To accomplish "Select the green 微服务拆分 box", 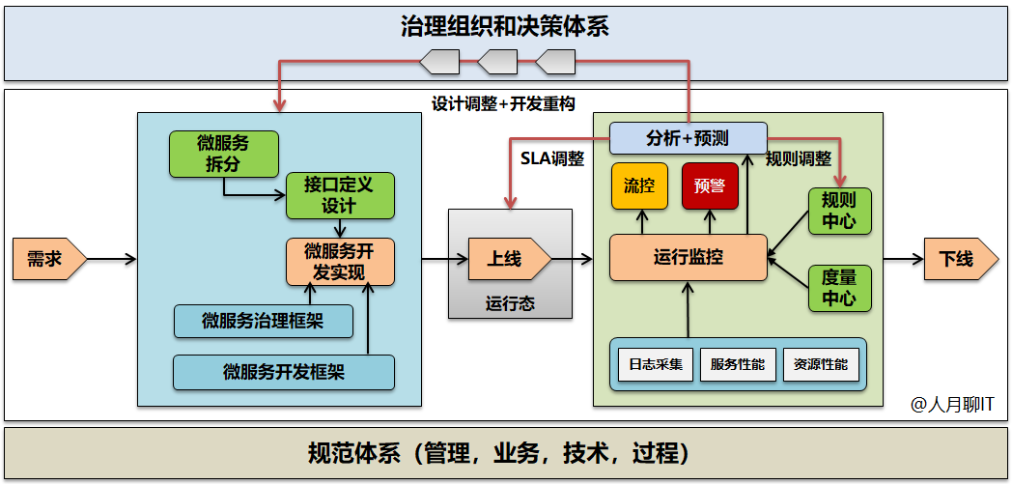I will pyautogui.click(x=223, y=155).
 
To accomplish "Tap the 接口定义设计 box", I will pyautogui.click(x=340, y=194).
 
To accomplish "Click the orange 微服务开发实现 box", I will pyautogui.click(x=340, y=262).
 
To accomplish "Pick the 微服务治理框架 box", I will pyautogui.click(x=263, y=322).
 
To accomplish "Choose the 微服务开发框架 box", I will pyautogui.click(x=284, y=372).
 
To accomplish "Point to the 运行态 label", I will pyautogui.click(x=510, y=303).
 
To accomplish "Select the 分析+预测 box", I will pyautogui.click(x=689, y=138).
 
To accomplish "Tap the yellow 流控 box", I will pyautogui.click(x=639, y=186).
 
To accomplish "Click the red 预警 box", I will pyautogui.click(x=710, y=186).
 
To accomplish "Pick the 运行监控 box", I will pyautogui.click(x=689, y=258).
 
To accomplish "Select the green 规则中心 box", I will pyautogui.click(x=839, y=211).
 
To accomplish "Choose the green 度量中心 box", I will pyautogui.click(x=839, y=288).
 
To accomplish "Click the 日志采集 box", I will pyautogui.click(x=656, y=364).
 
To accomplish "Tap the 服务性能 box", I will pyautogui.click(x=738, y=364).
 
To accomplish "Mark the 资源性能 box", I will pyautogui.click(x=821, y=364).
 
